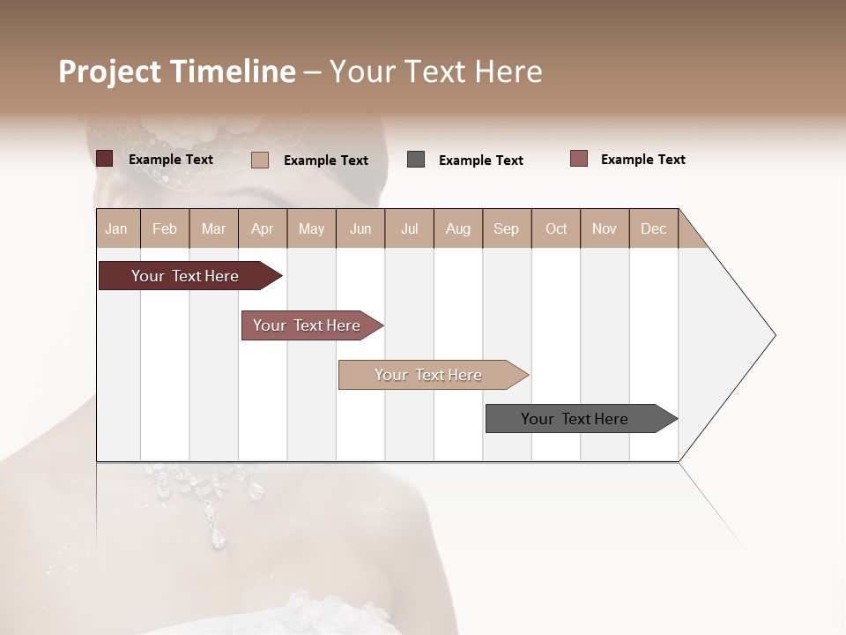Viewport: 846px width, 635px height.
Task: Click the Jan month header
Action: [116, 228]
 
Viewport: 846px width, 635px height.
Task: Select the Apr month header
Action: [262, 228]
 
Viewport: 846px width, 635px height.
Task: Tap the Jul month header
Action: [409, 228]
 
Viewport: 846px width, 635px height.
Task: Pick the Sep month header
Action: [506, 228]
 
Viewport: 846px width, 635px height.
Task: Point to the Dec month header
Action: [653, 228]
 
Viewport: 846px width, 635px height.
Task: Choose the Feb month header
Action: [165, 228]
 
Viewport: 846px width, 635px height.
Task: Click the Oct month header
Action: [556, 228]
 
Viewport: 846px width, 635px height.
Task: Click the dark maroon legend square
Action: [104, 159]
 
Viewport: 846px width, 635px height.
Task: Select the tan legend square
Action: [259, 160]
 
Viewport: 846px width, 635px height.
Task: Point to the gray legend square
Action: [416, 160]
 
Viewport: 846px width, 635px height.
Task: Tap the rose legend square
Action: [578, 159]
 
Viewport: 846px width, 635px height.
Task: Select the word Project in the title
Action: [109, 71]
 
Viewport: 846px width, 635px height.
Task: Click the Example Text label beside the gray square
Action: [480, 161]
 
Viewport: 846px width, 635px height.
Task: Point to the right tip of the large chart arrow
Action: [774, 335]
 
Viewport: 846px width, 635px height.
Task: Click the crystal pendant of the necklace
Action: [217, 536]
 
